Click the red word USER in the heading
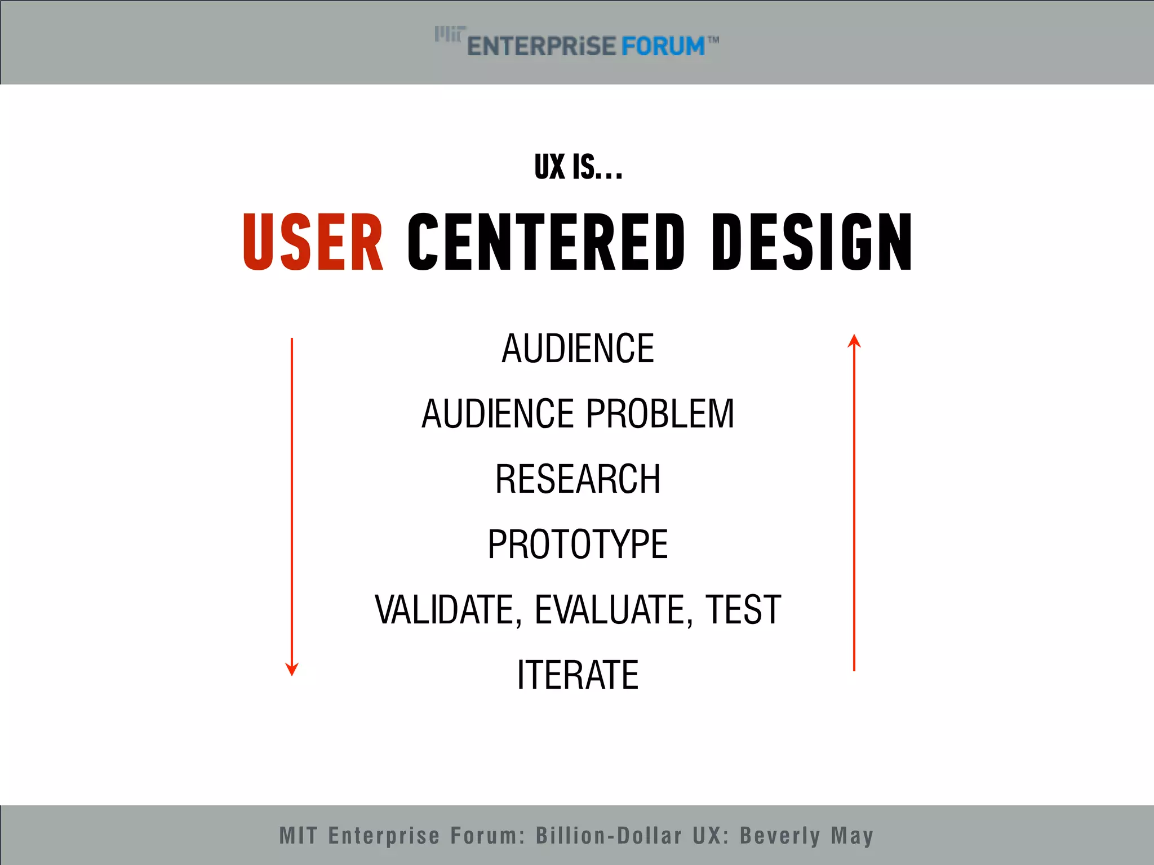[x=313, y=242]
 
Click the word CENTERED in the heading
[x=546, y=242]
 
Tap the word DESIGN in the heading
[x=811, y=242]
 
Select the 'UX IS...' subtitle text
[x=578, y=167]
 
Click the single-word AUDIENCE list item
[x=578, y=349]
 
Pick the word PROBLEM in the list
[x=660, y=414]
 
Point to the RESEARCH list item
[x=578, y=479]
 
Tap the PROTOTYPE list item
[x=578, y=545]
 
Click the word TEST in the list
[x=743, y=610]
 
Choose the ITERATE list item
[x=578, y=675]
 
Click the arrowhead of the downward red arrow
[x=292, y=669]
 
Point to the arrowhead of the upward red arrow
[x=854, y=341]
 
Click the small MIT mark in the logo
[x=450, y=34]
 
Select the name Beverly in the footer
[x=780, y=836]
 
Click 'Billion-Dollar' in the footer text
[x=609, y=836]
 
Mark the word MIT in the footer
[x=298, y=836]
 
